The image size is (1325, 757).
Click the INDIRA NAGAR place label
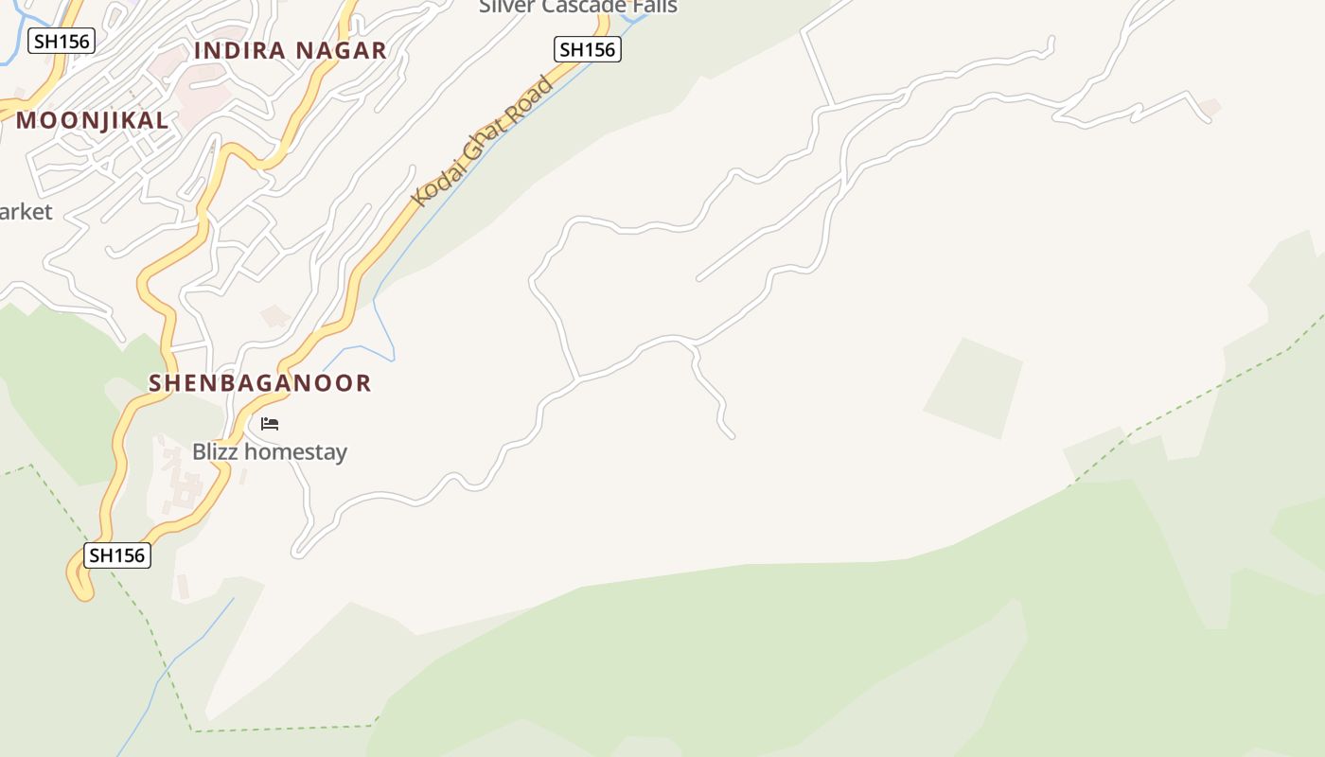291,51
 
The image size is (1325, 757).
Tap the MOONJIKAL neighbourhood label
92,120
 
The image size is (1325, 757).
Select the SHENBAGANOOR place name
260,383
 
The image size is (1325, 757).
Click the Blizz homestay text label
270,452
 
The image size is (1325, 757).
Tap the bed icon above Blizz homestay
270,424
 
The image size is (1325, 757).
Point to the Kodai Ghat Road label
483,142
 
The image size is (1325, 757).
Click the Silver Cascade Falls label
577,7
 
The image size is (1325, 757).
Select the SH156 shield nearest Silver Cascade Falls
587,50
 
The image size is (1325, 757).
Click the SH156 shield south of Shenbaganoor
117,555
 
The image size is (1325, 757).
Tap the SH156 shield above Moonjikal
61,42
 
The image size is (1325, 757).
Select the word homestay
295,452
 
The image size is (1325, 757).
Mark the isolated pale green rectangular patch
974,388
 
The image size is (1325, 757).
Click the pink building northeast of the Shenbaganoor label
275,315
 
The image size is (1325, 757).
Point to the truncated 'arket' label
26,212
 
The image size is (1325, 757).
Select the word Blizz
216,452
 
